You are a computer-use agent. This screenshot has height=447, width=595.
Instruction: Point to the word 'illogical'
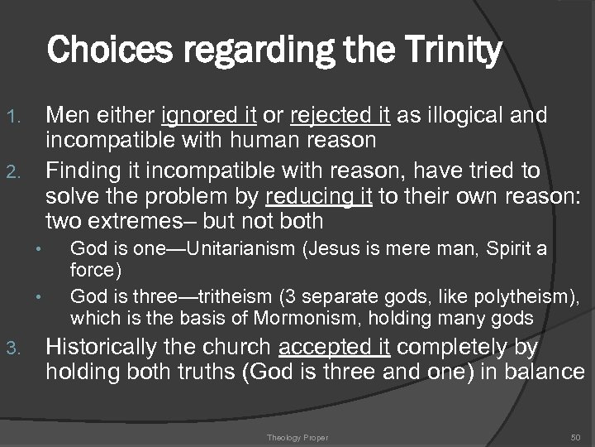(461, 115)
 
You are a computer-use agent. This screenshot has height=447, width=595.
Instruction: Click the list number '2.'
(24, 172)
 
